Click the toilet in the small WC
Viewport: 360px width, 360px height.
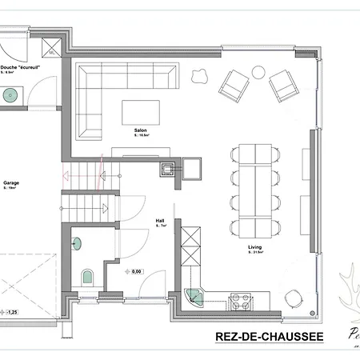(x=88, y=277)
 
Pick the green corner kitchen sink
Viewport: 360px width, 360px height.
(x=194, y=297)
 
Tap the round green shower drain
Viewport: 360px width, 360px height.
(x=10, y=94)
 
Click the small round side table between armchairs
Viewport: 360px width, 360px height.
(x=258, y=72)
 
